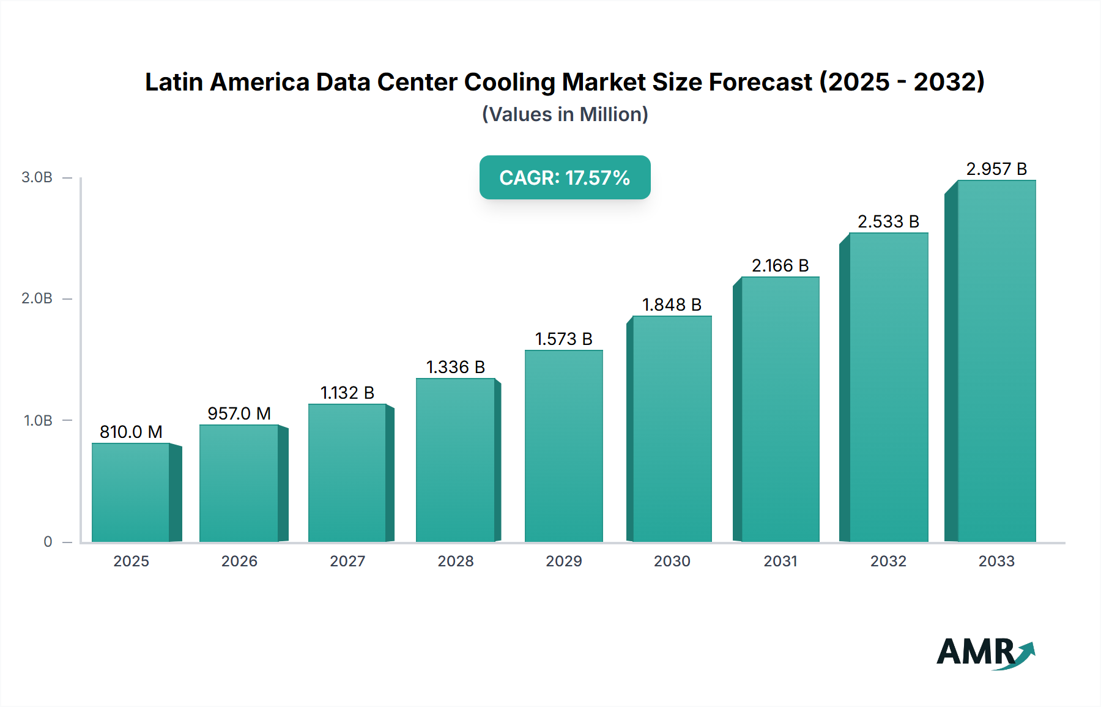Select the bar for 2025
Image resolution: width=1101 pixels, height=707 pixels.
tap(131, 492)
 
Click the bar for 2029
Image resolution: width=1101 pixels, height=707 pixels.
tap(564, 446)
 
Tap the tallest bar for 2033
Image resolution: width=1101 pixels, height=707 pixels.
tap(996, 361)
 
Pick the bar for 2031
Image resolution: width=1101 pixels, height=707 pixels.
tap(780, 409)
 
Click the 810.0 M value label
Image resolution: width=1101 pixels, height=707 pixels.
tap(131, 432)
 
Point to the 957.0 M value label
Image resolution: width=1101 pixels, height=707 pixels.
tap(239, 413)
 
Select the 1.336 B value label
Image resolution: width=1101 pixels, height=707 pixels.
tap(456, 367)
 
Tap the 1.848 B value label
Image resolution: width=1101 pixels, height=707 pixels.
tap(672, 305)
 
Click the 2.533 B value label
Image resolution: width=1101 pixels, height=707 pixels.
tap(888, 221)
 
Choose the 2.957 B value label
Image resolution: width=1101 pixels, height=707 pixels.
tap(996, 169)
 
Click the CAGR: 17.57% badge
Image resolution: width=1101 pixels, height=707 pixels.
tap(565, 177)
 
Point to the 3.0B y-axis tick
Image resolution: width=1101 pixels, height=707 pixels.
tap(37, 177)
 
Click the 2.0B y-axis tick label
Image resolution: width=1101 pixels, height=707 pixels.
tap(37, 298)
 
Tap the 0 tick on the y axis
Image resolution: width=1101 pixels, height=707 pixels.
tap(48, 541)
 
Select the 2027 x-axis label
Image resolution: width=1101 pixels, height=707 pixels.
tap(347, 561)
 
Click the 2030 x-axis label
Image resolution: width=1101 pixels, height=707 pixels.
tap(672, 561)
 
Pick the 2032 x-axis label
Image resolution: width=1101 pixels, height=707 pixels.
tap(888, 561)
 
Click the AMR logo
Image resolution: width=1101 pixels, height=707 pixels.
tap(985, 652)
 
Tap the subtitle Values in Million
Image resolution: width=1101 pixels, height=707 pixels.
tap(565, 114)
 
